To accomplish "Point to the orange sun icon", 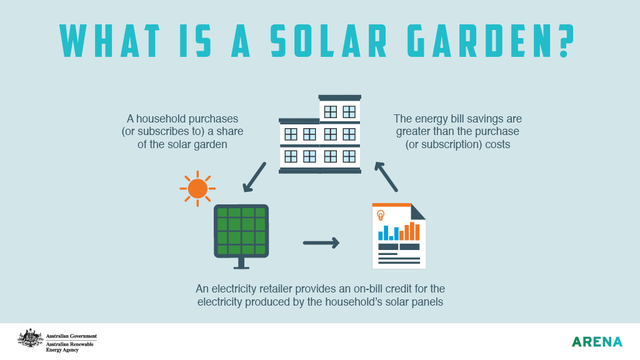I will coord(197,187).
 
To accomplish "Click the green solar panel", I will coord(240,233).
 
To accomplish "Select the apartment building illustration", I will coord(320,134).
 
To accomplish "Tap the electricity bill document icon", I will coord(398,236).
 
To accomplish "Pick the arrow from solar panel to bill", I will coord(321,243).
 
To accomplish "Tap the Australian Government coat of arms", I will coord(29,339).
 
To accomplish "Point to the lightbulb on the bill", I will coord(381,215).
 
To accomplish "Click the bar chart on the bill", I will coord(400,230).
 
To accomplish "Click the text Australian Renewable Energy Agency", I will coord(70,346).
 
